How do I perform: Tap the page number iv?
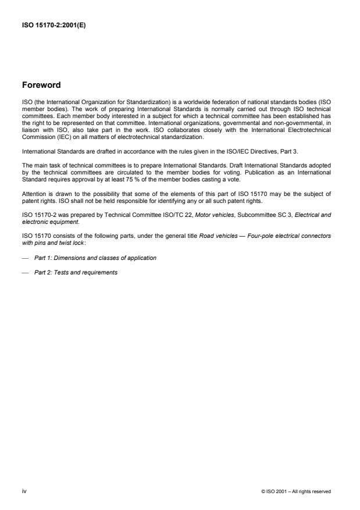tap(24, 491)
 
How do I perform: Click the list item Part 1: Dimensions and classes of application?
tap(95, 257)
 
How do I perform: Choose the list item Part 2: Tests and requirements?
tap(76, 272)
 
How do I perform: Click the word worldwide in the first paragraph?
tap(172, 102)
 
